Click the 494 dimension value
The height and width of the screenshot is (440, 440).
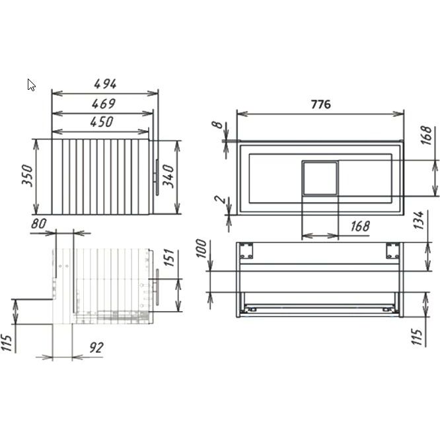pos(105,84)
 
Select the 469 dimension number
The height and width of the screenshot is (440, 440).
pos(104,104)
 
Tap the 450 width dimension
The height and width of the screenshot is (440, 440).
pos(102,122)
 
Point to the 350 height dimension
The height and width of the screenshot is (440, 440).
pos(28,175)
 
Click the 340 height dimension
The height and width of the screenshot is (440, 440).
pos(169,176)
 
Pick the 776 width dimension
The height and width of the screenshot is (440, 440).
pos(321,104)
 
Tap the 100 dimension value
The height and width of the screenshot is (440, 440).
pos(202,248)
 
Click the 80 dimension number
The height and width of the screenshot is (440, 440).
pos(39,224)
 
